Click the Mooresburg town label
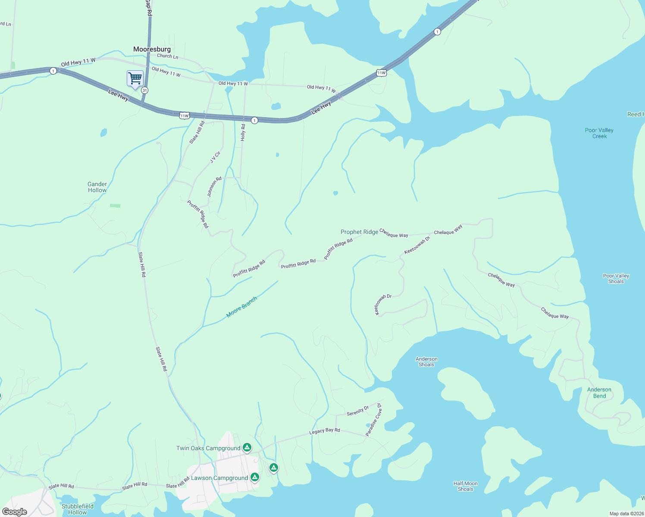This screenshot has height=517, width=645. click(152, 49)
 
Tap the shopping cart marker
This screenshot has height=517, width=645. click(135, 79)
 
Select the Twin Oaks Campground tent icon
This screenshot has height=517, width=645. click(247, 448)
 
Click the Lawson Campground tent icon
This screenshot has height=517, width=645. click(255, 477)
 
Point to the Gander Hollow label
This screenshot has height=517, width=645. click(97, 187)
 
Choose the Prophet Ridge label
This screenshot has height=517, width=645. click(359, 232)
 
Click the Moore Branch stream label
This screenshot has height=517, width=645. click(241, 307)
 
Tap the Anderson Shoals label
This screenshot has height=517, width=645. click(426, 361)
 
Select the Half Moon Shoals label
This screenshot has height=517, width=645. click(465, 486)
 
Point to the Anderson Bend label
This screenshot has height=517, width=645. click(599, 392)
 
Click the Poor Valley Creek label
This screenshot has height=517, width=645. click(599, 133)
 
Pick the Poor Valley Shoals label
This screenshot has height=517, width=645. click(616, 278)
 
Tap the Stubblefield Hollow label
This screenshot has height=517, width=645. click(78, 509)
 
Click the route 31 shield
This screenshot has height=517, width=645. click(144, 90)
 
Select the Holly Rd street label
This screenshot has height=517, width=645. click(243, 132)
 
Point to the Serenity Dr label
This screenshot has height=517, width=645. click(358, 411)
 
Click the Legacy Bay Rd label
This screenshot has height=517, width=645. click(325, 431)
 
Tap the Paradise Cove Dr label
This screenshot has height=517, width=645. click(373, 420)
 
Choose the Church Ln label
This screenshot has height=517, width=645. click(167, 56)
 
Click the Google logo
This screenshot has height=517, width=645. click(15, 511)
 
